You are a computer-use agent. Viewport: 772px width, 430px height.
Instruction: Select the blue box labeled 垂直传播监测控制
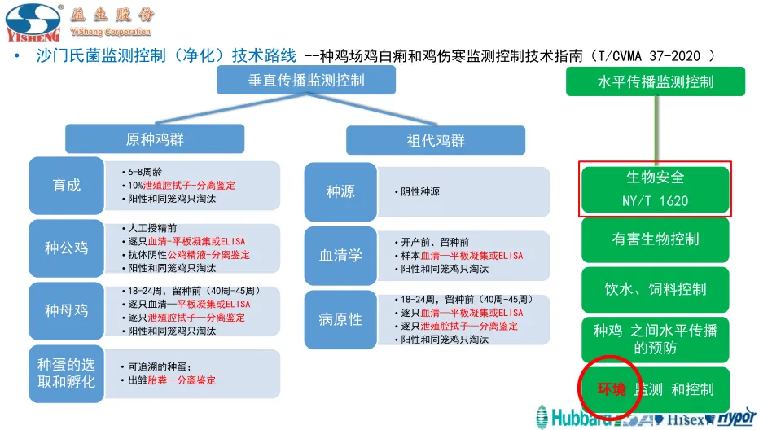(x=306, y=81)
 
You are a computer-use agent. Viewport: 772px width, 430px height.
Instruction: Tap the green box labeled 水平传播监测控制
(x=656, y=81)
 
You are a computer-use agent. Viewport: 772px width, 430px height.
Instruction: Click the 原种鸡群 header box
(x=155, y=139)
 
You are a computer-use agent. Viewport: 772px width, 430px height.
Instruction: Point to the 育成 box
(x=67, y=185)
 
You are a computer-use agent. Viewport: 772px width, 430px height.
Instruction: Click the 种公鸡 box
(x=67, y=248)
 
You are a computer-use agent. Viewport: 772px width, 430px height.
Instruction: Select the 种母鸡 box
(x=67, y=310)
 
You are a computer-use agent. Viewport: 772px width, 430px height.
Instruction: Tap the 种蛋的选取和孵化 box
(x=67, y=374)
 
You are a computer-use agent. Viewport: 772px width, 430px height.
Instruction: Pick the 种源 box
(x=340, y=191)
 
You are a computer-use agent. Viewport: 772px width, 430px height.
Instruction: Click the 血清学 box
(x=340, y=256)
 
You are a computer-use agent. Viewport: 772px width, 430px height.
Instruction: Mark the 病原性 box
(x=340, y=319)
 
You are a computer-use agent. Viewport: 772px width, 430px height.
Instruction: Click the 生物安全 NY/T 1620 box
(x=656, y=189)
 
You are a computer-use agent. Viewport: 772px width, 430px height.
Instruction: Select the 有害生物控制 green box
(x=656, y=239)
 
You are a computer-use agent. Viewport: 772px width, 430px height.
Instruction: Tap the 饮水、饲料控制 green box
(x=656, y=289)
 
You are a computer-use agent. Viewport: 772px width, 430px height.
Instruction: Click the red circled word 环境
(x=612, y=389)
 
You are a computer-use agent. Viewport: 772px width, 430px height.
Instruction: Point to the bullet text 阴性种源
(x=421, y=192)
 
